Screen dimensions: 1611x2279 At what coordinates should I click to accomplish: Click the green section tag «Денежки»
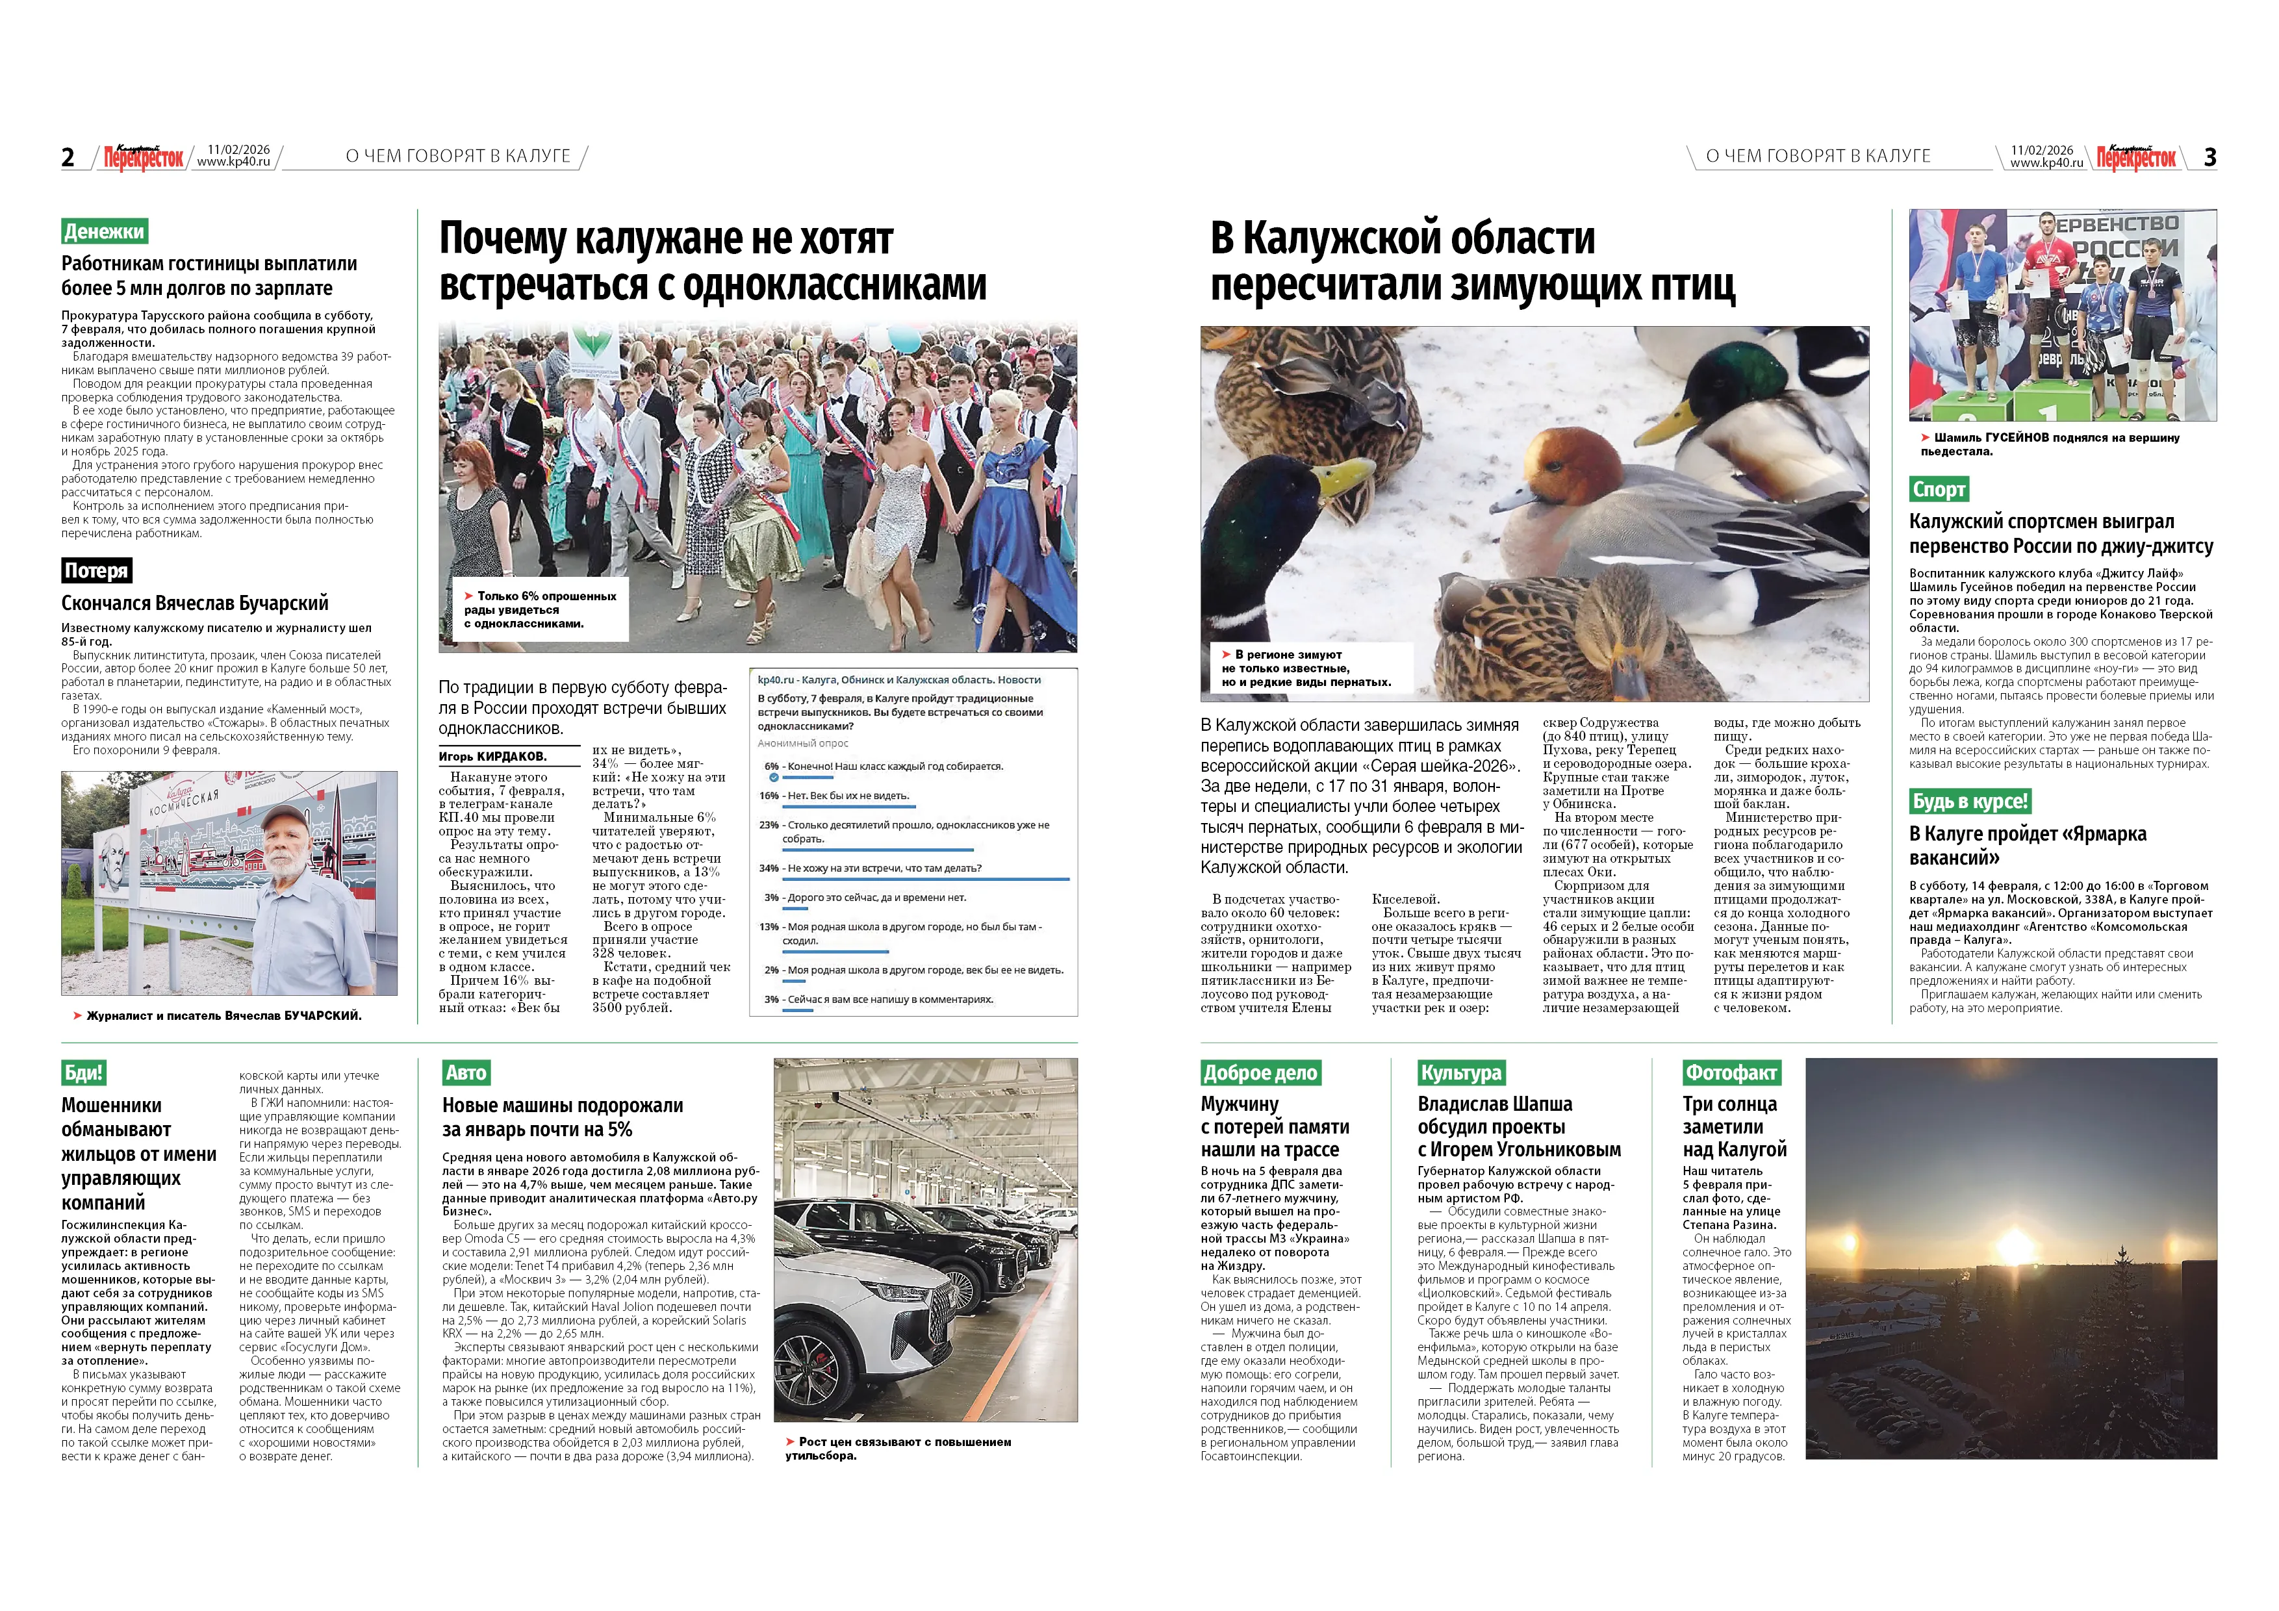point(104,231)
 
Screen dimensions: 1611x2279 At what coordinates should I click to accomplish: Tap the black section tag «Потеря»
point(96,571)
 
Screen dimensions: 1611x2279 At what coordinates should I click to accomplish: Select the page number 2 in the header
point(68,157)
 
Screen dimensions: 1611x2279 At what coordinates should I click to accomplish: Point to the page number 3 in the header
point(2209,157)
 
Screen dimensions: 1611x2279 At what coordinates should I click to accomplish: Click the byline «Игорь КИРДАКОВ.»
point(492,756)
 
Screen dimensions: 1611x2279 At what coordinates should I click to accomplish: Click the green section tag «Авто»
point(466,1073)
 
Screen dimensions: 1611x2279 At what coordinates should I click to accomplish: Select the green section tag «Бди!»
point(83,1073)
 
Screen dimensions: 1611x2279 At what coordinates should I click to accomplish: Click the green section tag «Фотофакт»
point(1731,1073)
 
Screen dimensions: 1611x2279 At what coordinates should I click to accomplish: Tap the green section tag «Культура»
point(1461,1073)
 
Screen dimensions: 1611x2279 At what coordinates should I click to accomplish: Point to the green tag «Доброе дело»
point(1260,1073)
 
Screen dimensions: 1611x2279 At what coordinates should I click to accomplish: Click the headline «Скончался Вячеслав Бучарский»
point(194,603)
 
